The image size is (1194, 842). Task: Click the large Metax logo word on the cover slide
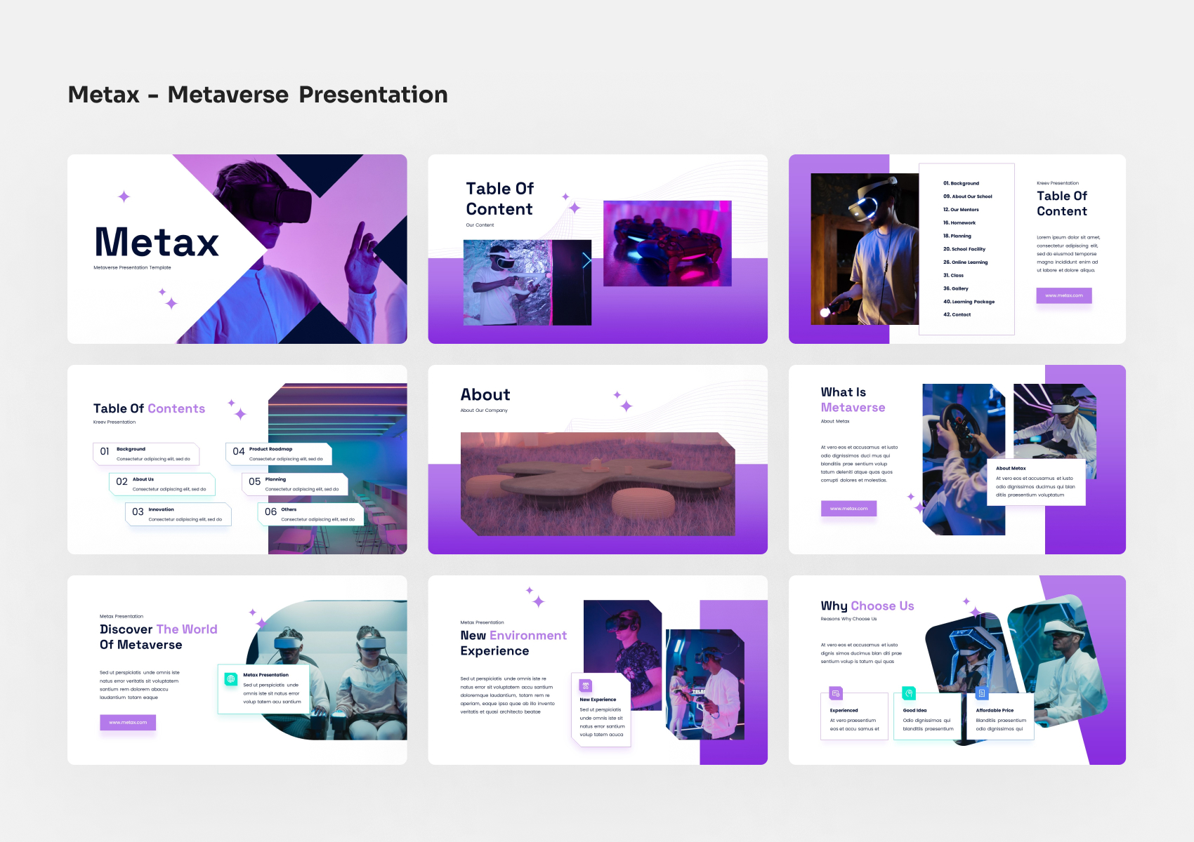pos(157,242)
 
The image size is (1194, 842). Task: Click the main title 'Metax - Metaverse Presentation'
pos(258,95)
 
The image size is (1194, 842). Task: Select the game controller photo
pos(667,243)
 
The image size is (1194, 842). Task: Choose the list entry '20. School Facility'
pos(964,249)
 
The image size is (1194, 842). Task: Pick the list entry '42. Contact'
pos(957,314)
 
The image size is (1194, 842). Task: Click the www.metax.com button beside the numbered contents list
pos(1063,295)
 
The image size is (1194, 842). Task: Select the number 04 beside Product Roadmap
pos(239,451)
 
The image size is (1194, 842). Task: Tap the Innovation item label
pos(161,509)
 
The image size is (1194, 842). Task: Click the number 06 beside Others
pos(270,512)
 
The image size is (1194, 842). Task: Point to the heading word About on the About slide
pos(485,395)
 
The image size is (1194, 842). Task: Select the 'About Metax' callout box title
pos(1011,468)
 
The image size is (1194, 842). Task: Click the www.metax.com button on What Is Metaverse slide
pos(848,509)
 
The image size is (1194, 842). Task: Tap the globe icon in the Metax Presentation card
pos(230,679)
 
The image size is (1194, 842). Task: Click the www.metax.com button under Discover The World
pos(128,722)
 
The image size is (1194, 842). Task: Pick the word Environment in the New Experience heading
pos(528,636)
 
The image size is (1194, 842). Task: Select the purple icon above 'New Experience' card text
pos(586,686)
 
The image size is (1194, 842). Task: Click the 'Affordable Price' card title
pos(995,710)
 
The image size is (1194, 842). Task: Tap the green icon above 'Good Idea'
pos(909,693)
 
